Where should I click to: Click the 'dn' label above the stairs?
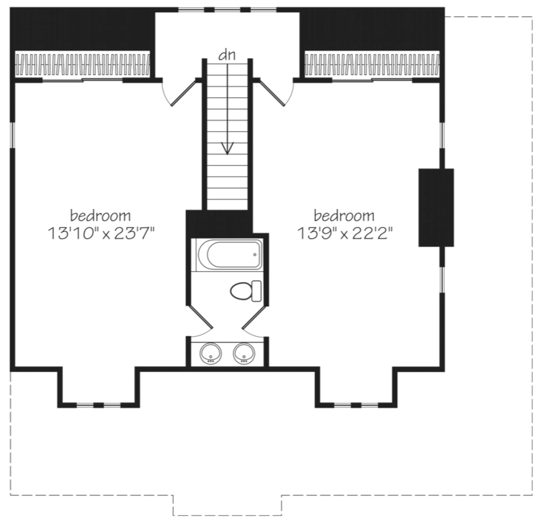(x=227, y=55)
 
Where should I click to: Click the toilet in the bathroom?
(x=245, y=291)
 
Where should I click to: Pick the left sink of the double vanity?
(x=211, y=353)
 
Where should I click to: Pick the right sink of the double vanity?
(x=244, y=353)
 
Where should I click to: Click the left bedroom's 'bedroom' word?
(x=100, y=216)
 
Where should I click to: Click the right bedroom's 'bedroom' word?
(x=344, y=216)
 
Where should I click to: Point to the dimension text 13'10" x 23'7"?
(x=100, y=234)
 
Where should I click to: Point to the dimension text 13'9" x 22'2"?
(x=345, y=234)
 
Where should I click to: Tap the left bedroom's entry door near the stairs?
(x=183, y=93)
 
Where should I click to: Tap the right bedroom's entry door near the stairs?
(x=273, y=93)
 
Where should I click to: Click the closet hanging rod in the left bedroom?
(x=83, y=64)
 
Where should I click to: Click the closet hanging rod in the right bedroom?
(x=372, y=64)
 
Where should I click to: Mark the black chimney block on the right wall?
(x=436, y=208)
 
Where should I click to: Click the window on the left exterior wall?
(x=12, y=135)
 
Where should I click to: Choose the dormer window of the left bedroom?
(x=99, y=404)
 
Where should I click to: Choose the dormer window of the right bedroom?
(x=356, y=404)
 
